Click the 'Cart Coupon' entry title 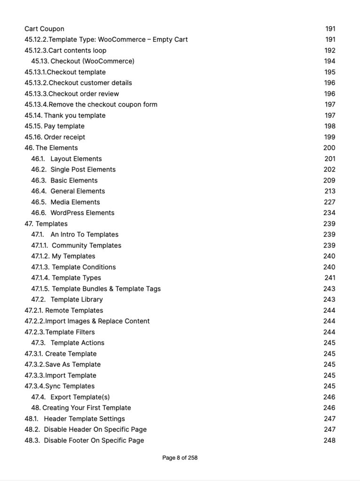[x=44, y=29]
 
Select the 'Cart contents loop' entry [x=77, y=50]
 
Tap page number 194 [x=329, y=61]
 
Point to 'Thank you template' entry [x=75, y=116]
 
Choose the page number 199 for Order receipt [x=329, y=137]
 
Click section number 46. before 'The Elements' [x=29, y=148]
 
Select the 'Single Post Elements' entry [x=83, y=170]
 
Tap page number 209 [x=329, y=180]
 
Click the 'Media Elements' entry [x=75, y=202]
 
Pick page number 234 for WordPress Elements [x=329, y=213]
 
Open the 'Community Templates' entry [x=86, y=245]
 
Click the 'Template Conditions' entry [x=84, y=267]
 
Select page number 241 [x=329, y=278]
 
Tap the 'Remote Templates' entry [x=74, y=310]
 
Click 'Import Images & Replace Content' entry [x=97, y=321]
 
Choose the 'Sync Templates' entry [x=70, y=386]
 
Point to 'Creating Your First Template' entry [x=86, y=408]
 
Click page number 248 [x=329, y=440]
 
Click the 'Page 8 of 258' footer [x=180, y=458]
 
